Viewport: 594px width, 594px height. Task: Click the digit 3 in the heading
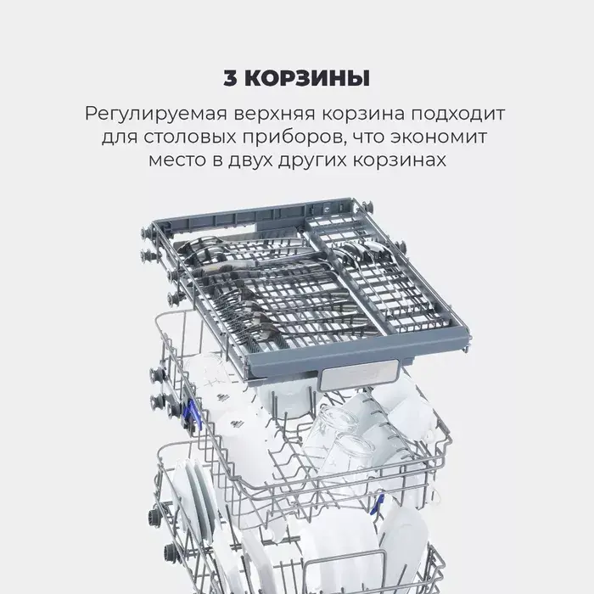(x=230, y=78)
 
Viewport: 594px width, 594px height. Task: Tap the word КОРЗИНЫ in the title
(x=307, y=78)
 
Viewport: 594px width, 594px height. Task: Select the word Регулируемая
(x=155, y=114)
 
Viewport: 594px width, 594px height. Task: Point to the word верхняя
(x=275, y=114)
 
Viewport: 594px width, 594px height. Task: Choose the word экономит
(x=439, y=137)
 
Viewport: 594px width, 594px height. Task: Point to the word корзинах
(x=400, y=160)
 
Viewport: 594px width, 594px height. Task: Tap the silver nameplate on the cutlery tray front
(x=360, y=374)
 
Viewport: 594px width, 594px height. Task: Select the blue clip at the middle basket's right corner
(x=378, y=502)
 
